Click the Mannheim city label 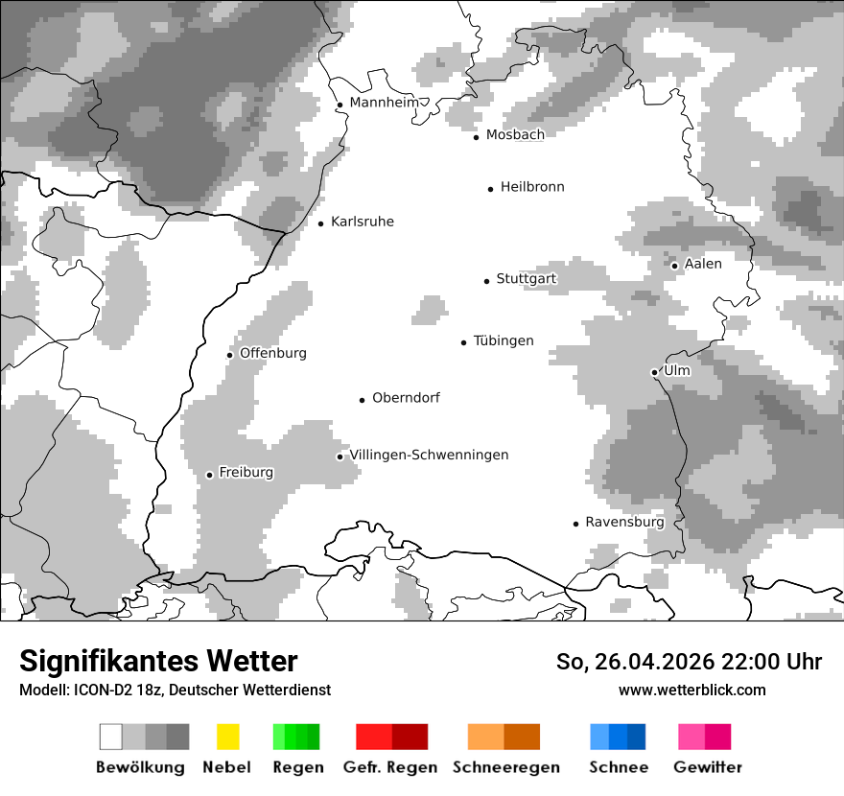tap(385, 103)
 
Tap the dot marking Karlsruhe tap(321, 223)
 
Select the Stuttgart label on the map tap(526, 279)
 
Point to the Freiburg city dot tap(209, 475)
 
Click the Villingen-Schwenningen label tap(429, 455)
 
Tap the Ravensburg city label tap(624, 522)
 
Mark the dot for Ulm tap(654, 372)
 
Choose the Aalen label tap(703, 264)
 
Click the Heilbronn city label tap(532, 187)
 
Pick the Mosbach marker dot tap(476, 137)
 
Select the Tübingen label tap(504, 340)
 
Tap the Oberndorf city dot tap(363, 400)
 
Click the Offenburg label tap(273, 353)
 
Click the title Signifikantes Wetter tap(158, 661)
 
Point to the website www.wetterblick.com tap(692, 690)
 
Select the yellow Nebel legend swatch tap(228, 737)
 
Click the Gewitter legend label tap(708, 767)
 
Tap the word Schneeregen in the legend tap(506, 767)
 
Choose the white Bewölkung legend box tap(111, 737)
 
